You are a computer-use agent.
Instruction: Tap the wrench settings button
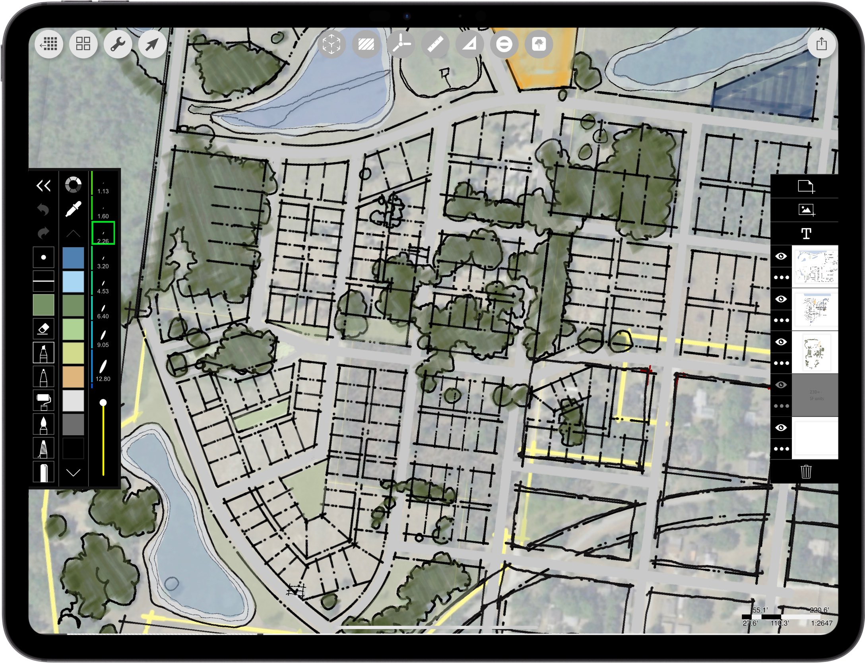click(118, 44)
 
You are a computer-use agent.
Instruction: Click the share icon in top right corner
click(821, 44)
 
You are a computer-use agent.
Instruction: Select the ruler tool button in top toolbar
click(435, 44)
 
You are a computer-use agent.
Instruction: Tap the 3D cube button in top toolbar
click(331, 44)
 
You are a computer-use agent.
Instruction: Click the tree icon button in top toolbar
click(539, 44)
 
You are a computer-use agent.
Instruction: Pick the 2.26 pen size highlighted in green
click(103, 233)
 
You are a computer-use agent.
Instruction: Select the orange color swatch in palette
click(73, 376)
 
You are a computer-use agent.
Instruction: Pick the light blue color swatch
click(73, 281)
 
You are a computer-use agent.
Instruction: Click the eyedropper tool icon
click(73, 209)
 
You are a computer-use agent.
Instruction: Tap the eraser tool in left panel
click(43, 329)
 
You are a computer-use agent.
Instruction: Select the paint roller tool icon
click(43, 401)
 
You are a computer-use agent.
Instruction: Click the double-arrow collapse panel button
click(43, 185)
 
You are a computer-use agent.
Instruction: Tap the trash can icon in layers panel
click(806, 472)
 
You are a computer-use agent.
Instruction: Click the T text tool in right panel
click(806, 233)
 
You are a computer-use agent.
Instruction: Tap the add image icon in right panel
click(806, 209)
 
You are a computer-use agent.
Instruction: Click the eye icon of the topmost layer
click(781, 256)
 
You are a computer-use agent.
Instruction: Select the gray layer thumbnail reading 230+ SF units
click(815, 395)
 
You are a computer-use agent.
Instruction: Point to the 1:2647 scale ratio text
click(821, 623)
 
